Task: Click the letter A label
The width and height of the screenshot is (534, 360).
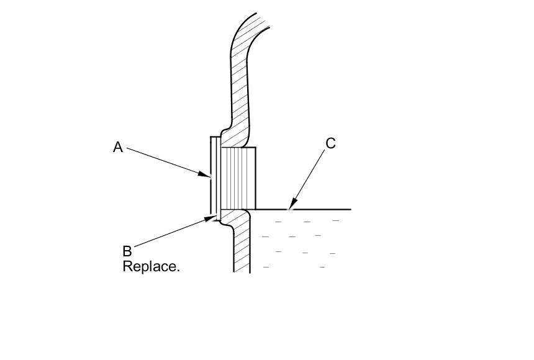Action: [118, 147]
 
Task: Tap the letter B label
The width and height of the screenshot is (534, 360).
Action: [127, 251]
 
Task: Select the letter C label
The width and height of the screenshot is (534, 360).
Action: [330, 143]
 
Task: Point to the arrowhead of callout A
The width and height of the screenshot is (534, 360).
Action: [208, 176]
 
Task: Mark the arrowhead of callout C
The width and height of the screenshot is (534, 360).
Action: [290, 207]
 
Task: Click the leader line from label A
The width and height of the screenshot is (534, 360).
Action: [165, 161]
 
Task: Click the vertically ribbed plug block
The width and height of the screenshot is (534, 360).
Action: [238, 178]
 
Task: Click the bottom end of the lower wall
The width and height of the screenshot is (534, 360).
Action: [242, 271]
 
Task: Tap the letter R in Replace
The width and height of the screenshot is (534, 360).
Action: [127, 267]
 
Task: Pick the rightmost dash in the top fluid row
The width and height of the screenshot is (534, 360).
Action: [336, 220]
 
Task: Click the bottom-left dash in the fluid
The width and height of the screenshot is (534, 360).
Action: [266, 267]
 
